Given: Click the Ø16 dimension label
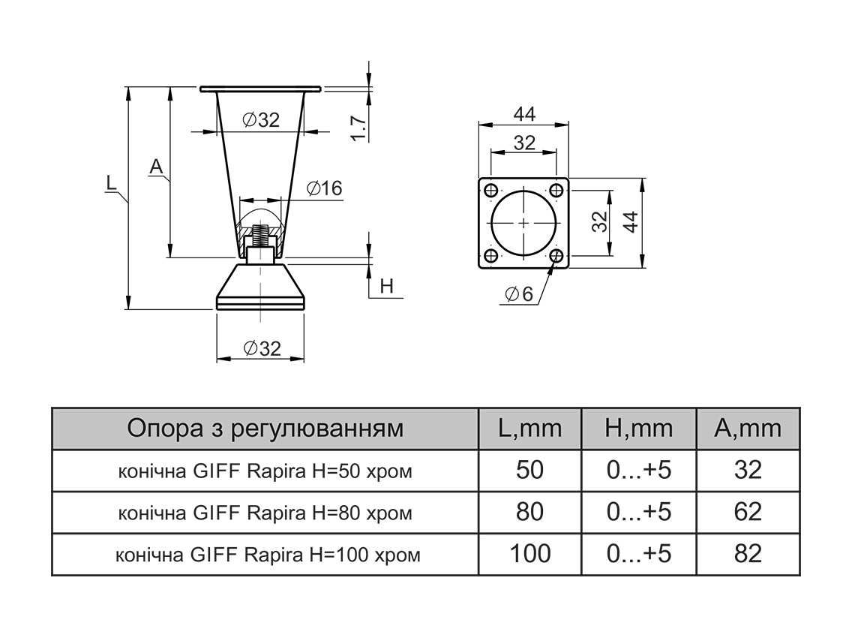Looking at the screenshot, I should click(x=324, y=188).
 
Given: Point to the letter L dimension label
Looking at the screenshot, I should click(x=110, y=182).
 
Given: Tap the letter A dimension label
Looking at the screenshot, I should click(x=155, y=167).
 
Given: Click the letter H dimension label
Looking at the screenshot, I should click(x=386, y=286).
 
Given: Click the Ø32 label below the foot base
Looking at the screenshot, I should click(x=262, y=348).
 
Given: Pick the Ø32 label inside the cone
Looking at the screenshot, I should click(x=259, y=120).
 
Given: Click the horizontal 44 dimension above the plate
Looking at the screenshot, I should click(x=524, y=114).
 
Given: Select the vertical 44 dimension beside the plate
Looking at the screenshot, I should click(x=631, y=222).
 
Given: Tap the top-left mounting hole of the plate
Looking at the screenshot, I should click(x=490, y=189).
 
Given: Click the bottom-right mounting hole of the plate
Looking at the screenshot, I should click(x=556, y=256).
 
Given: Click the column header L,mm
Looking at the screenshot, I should click(x=529, y=429).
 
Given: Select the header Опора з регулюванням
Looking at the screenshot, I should click(x=265, y=429).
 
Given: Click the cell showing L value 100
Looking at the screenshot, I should click(x=529, y=554).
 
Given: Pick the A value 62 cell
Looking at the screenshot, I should click(x=747, y=512).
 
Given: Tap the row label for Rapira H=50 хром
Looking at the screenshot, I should click(x=265, y=471).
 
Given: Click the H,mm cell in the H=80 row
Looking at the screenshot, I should click(x=638, y=512).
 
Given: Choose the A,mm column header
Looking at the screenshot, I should click(x=747, y=429).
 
